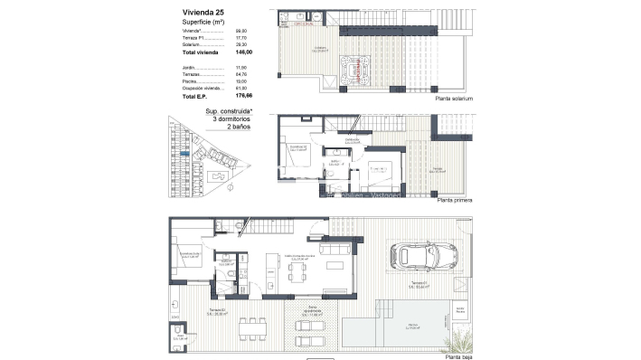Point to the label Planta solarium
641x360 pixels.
tap(455, 99)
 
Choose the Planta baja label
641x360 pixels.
tap(458, 356)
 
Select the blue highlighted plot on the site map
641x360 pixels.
tap(184, 155)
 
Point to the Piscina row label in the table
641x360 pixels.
tap(189, 81)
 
